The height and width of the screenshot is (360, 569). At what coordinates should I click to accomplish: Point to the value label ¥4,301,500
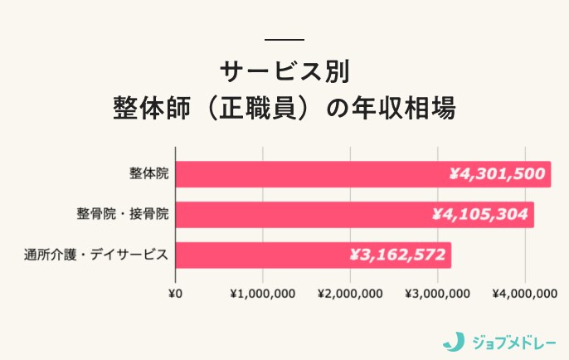pos(497,174)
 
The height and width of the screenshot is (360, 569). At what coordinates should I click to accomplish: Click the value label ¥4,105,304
pos(480,214)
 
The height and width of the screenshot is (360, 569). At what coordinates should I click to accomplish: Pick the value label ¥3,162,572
pos(397,255)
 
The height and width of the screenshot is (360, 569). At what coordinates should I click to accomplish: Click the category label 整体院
pos(148,174)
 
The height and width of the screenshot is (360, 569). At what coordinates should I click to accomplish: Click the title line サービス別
pos(284,70)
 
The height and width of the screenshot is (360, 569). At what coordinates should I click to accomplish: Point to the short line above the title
pos(284,39)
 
